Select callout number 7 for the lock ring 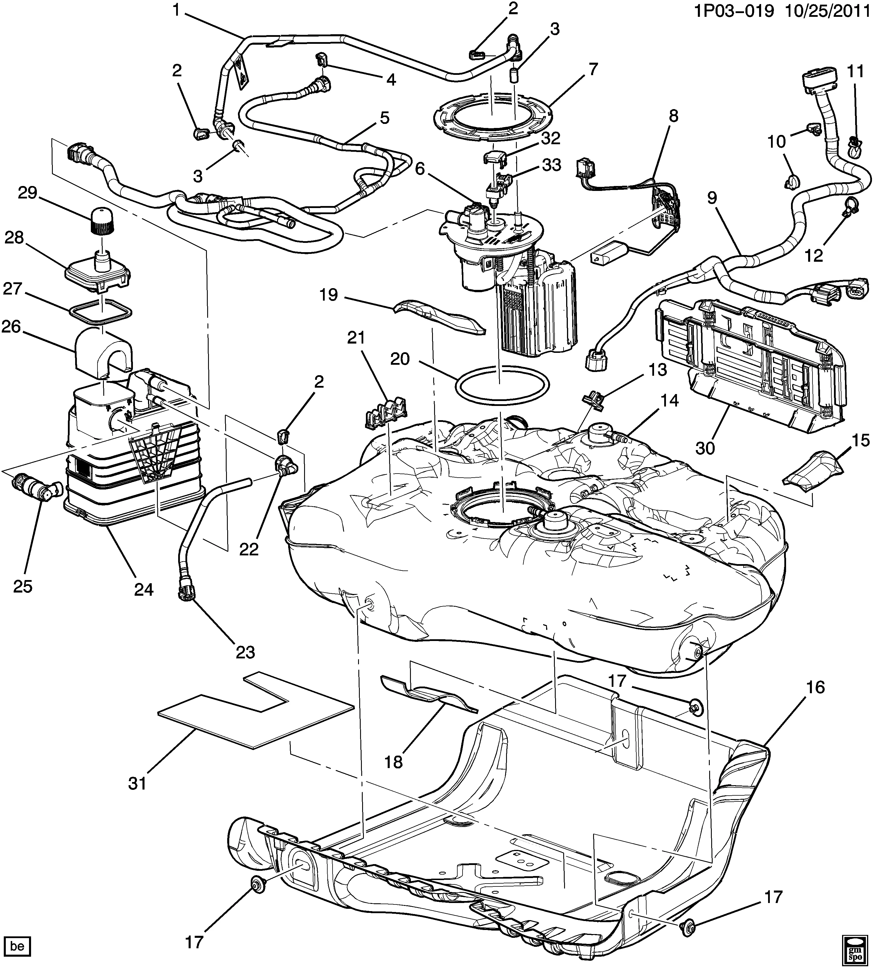pyautogui.click(x=594, y=70)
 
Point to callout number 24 pyautogui.click(x=144, y=589)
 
